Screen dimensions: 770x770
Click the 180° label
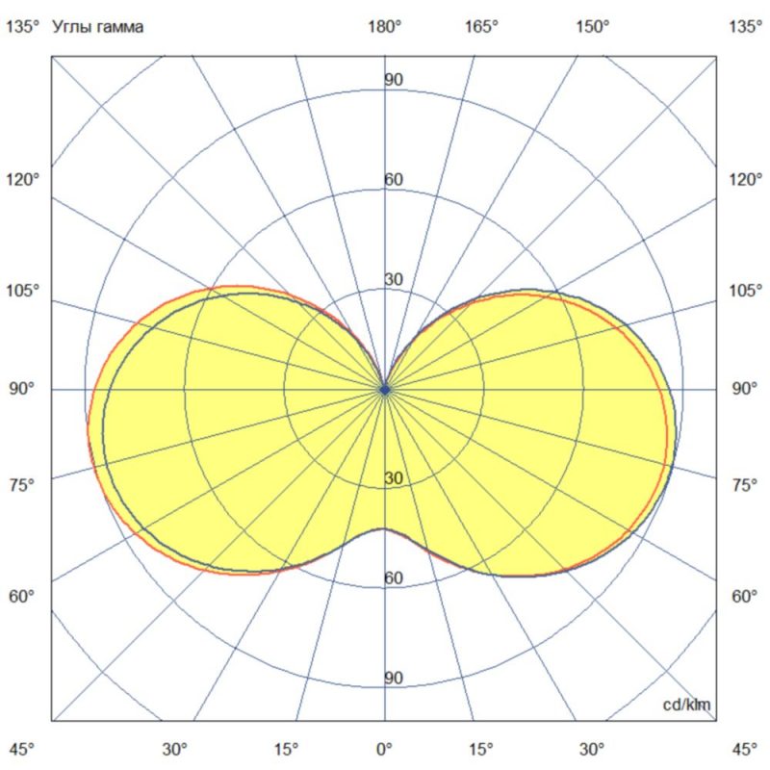[x=385, y=28]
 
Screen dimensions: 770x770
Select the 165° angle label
[x=482, y=28]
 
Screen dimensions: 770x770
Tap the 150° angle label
[x=593, y=28]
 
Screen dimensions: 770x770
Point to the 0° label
[x=385, y=749]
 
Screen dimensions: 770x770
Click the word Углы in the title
[x=72, y=28]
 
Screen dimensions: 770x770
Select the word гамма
[x=118, y=28]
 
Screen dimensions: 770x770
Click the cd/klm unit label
[x=687, y=706]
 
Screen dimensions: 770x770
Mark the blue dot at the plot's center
[x=385, y=390]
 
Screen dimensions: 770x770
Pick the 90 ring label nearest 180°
[x=394, y=80]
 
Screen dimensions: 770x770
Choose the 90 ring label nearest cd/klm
[x=394, y=679]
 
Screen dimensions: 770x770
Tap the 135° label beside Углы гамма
[x=23, y=28]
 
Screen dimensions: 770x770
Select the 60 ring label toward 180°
[x=394, y=180]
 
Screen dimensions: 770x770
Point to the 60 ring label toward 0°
[x=394, y=578]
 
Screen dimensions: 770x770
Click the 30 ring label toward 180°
[x=394, y=280]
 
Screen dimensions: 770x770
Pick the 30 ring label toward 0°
[x=394, y=479]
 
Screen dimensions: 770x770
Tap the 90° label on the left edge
[x=23, y=389]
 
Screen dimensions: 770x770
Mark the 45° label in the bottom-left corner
[x=23, y=749]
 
